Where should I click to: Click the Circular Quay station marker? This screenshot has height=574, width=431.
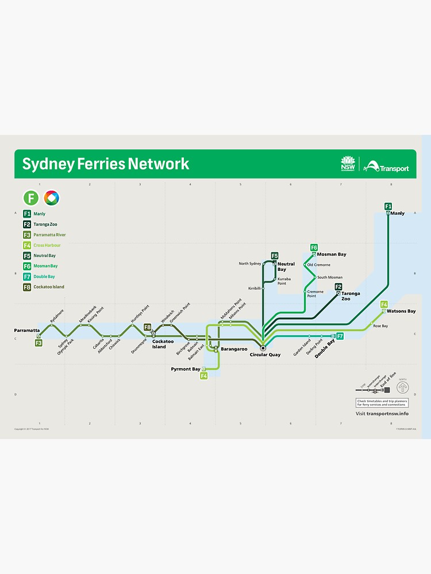coord(263,348)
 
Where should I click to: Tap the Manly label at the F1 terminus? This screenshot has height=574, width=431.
coord(398,214)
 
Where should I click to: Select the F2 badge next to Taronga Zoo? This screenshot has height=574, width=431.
coord(338,287)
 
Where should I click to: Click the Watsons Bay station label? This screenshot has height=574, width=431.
coord(403,311)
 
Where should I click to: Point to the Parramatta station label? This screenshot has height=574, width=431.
coord(26,331)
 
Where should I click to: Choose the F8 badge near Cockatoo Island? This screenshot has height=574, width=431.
coord(148,327)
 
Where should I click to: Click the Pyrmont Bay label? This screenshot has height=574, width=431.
coord(186,369)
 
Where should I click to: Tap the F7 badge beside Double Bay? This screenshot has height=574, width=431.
coord(340,336)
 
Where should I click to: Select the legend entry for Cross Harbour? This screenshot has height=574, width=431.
coord(47,245)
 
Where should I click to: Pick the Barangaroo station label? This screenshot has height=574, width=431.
coord(233,348)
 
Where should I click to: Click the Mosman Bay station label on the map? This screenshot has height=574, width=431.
coord(332,254)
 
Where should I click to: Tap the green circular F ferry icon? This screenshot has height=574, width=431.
coord(31,198)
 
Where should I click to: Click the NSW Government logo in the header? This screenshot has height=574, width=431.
coord(348,164)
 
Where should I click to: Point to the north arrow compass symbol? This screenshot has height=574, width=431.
coord(402,387)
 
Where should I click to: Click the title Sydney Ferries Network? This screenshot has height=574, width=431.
coord(105,164)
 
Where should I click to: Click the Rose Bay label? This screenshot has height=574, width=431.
coord(380,326)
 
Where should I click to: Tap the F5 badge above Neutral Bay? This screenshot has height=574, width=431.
coord(275,255)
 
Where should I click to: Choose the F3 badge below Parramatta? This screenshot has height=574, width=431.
coord(39,343)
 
